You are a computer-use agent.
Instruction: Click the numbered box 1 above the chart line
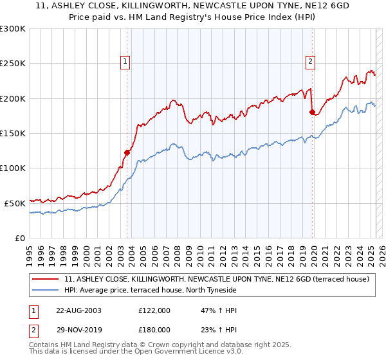pos(124,62)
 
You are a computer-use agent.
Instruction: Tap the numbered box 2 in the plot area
pos(310,62)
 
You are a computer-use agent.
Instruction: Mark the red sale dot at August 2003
pos(127,152)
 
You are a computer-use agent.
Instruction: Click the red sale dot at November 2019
pos(313,113)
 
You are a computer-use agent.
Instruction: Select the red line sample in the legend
pos(46,280)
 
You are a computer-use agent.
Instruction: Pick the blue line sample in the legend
pos(46,291)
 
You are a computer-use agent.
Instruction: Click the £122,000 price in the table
pos(154,310)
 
